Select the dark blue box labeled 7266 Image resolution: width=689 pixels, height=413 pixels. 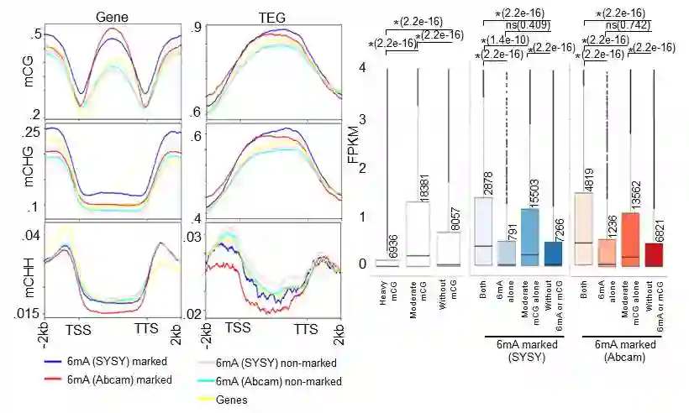click(552, 254)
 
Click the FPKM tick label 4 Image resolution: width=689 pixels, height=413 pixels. click(362, 68)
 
